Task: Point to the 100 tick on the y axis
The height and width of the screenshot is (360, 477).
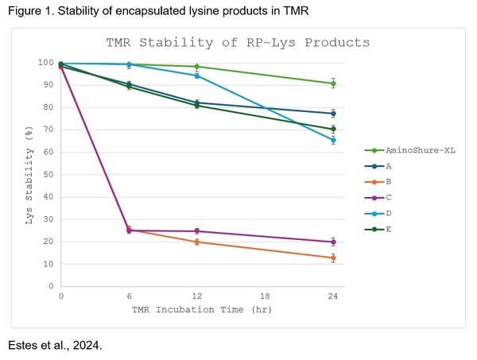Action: click(x=45, y=63)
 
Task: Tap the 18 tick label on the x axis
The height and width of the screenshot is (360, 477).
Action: click(x=266, y=296)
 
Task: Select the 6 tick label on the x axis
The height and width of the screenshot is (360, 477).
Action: click(x=129, y=296)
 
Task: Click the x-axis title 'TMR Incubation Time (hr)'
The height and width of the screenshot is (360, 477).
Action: click(x=197, y=308)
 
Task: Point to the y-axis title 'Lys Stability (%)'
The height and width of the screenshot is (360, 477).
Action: click(x=29, y=175)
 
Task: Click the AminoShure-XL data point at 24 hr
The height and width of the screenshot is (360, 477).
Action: click(x=333, y=83)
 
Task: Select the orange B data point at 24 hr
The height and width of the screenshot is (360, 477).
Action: click(x=333, y=257)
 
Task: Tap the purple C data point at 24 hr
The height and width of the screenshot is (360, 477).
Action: click(x=333, y=242)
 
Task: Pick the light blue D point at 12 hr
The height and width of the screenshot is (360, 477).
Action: click(x=197, y=75)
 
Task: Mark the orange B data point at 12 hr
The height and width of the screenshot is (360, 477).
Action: click(x=197, y=242)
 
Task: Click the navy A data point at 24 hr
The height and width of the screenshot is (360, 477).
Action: click(x=333, y=114)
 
